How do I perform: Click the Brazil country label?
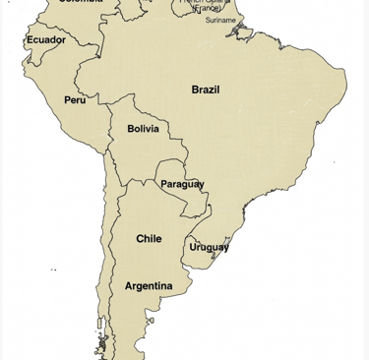click(206, 90)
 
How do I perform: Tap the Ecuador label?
click(45, 40)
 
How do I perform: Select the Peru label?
click(75, 100)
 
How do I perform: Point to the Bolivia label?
click(144, 129)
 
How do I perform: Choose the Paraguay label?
click(182, 184)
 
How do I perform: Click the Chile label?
click(149, 239)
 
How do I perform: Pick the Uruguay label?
click(209, 247)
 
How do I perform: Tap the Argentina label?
click(149, 286)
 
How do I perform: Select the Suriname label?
click(220, 20)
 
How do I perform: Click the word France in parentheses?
click(209, 8)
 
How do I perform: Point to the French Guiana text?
click(205, 2)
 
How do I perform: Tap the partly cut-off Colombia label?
click(81, 2)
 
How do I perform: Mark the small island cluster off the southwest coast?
click(101, 344)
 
